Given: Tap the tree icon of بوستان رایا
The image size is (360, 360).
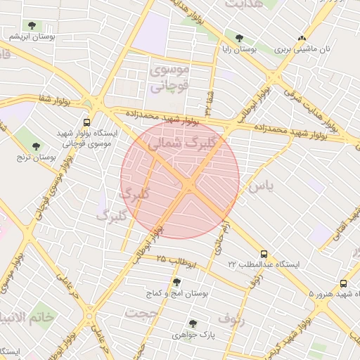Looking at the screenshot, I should [239, 38].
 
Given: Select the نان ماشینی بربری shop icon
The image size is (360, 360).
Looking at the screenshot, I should [302, 38].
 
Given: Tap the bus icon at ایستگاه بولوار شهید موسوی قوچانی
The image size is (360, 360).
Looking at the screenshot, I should [86, 120].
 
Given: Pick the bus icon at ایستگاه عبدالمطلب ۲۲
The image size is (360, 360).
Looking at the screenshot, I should [264, 254].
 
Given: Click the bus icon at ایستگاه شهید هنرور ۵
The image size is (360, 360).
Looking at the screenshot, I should [343, 283].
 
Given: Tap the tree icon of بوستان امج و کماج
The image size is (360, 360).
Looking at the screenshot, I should [176, 281].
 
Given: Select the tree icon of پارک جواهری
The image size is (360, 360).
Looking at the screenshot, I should [193, 323].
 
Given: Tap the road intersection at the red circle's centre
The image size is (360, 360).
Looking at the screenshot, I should [188, 185].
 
